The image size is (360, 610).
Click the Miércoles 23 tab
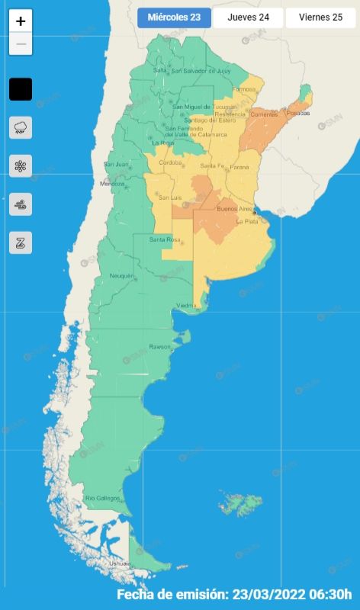(x=175, y=18)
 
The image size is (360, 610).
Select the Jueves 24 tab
(x=247, y=18)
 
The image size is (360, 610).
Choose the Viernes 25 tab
(x=320, y=18)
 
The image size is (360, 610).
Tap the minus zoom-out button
(x=21, y=44)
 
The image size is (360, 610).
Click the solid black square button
(x=21, y=89)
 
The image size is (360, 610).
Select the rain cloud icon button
(x=21, y=127)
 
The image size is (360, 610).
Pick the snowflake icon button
(x=21, y=165)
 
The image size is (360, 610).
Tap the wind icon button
(x=21, y=204)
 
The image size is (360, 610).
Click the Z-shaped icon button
(x=21, y=243)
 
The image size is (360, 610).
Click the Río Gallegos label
(x=103, y=498)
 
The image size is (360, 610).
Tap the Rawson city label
(x=159, y=347)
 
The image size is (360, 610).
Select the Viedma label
(x=187, y=306)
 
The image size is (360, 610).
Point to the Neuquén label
(x=122, y=275)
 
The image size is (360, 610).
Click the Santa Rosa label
(x=164, y=240)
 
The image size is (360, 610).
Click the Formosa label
(x=244, y=89)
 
